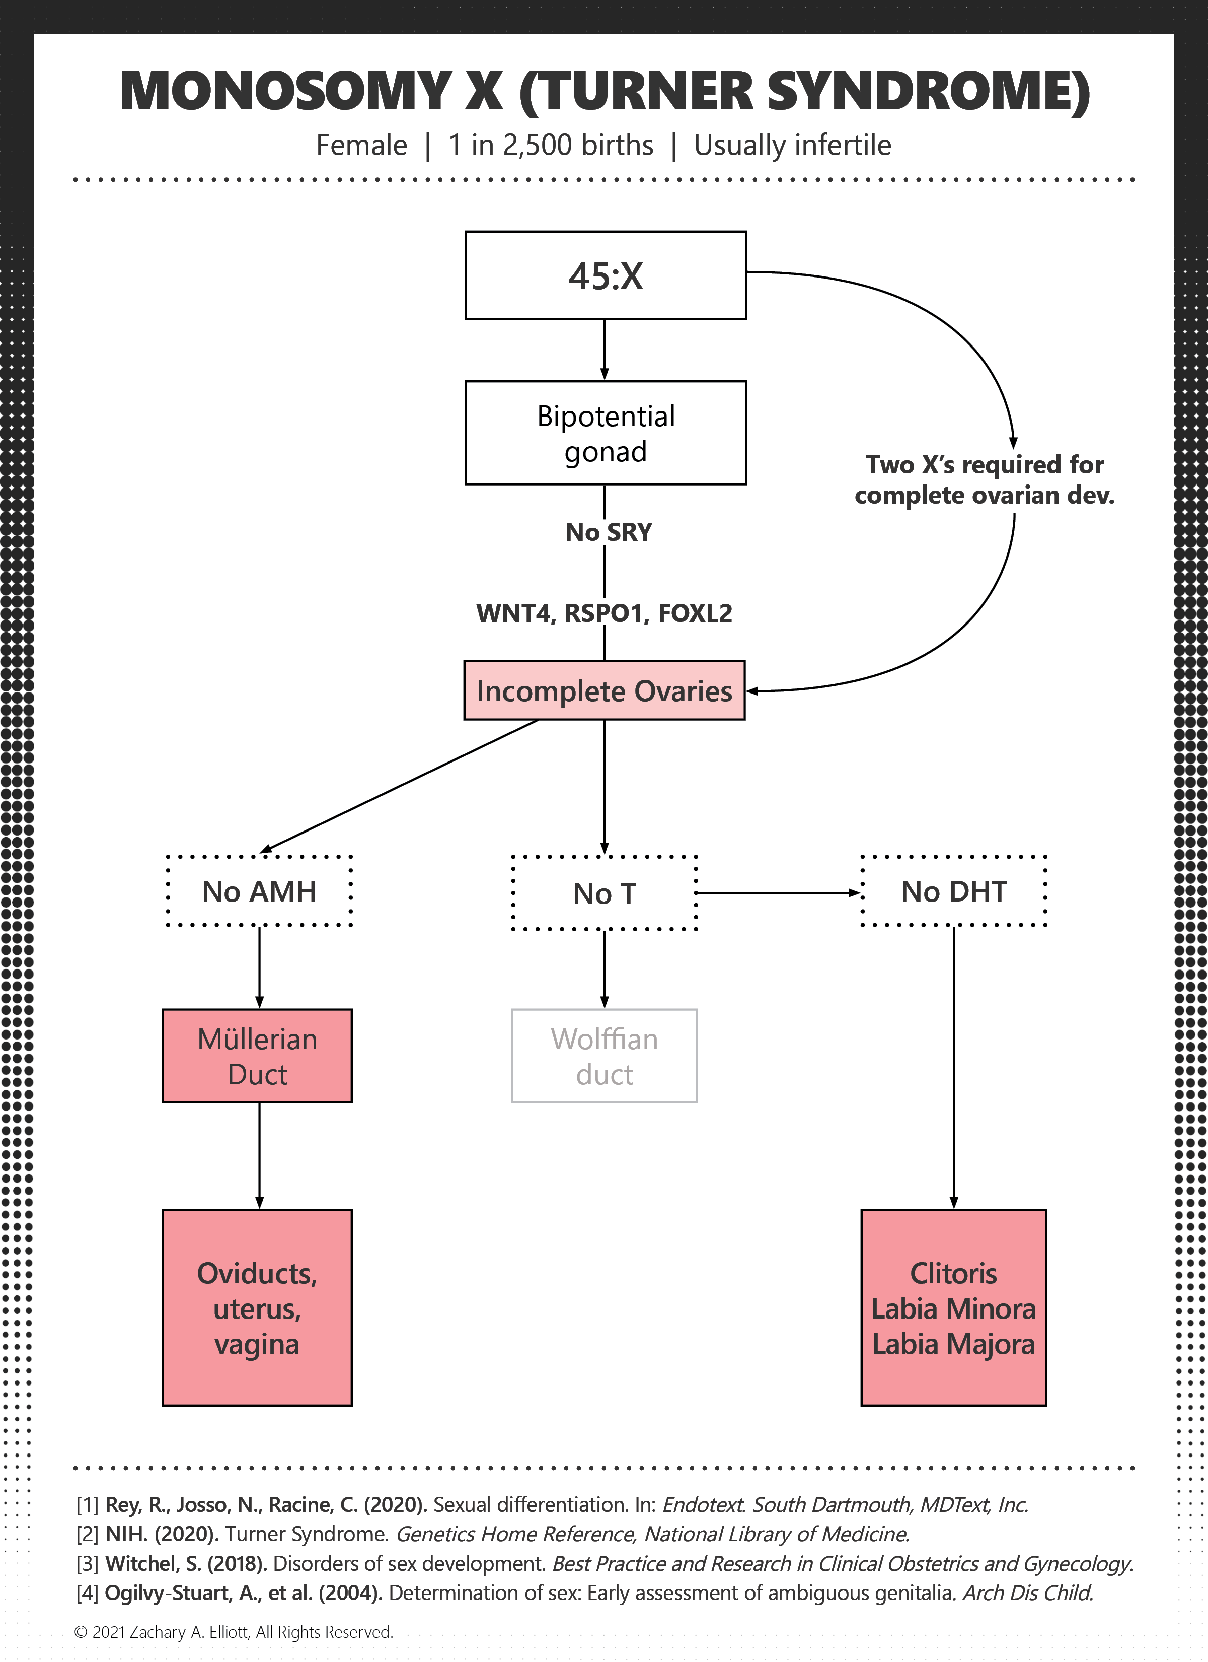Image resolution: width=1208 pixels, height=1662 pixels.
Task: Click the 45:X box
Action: click(605, 275)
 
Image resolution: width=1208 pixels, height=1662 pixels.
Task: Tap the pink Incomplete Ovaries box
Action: click(605, 690)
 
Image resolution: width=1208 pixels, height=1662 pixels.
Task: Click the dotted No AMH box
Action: click(259, 891)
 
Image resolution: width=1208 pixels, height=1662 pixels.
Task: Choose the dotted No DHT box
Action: click(953, 891)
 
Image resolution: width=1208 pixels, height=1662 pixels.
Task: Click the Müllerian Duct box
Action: click(257, 1056)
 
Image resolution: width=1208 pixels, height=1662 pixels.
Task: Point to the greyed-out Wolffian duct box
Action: click(605, 1056)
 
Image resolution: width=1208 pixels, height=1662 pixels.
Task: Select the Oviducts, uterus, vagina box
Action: click(257, 1308)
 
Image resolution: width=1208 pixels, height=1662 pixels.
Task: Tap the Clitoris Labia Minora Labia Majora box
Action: click(953, 1308)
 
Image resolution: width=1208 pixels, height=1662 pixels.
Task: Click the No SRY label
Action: click(608, 532)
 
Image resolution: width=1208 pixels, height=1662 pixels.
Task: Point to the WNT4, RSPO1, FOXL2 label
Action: click(605, 612)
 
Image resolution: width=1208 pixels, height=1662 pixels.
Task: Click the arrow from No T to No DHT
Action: click(777, 892)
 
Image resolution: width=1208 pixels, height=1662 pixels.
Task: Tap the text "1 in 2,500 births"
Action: click(551, 145)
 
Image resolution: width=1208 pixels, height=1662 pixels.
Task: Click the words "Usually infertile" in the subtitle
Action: click(793, 145)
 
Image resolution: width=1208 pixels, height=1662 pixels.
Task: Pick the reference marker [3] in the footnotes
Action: click(87, 1564)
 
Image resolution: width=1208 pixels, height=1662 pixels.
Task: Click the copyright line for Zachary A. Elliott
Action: click(235, 1632)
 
